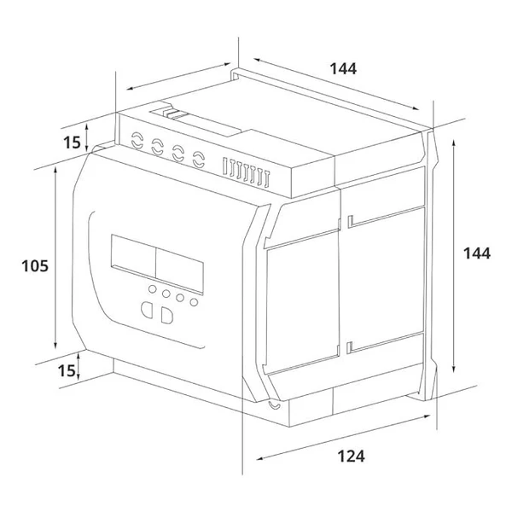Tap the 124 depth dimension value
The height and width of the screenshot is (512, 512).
[351, 457]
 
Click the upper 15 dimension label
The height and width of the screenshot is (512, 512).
[72, 141]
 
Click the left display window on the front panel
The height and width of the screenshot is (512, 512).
[131, 259]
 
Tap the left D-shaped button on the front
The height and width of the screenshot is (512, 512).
[146, 311]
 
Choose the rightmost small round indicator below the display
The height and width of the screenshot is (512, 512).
[194, 301]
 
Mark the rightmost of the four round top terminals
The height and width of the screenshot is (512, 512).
[199, 157]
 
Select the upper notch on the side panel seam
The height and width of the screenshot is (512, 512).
[350, 222]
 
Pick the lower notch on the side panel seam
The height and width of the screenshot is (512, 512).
[349, 346]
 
